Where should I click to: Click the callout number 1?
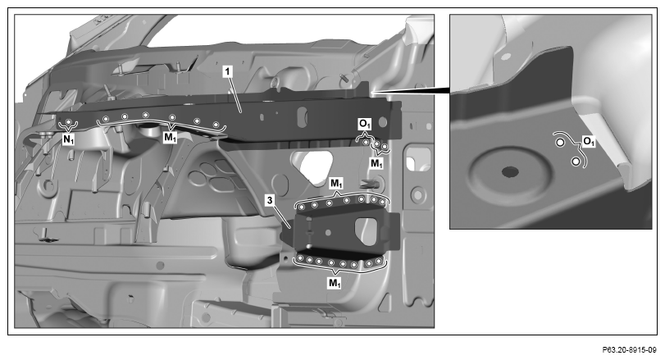[x=228, y=71]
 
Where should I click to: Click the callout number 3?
[x=270, y=200]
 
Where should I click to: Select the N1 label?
[x=68, y=139]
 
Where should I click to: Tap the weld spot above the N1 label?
[x=68, y=122]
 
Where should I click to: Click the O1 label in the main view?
[x=365, y=125]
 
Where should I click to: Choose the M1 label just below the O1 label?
[x=376, y=163]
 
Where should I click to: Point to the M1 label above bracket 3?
[x=336, y=183]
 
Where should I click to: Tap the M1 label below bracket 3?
[x=335, y=282]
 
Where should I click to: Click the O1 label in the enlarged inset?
[x=589, y=141]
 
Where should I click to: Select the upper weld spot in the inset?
[x=560, y=143]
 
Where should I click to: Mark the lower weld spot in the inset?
[x=576, y=161]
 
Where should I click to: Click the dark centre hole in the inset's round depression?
[x=510, y=171]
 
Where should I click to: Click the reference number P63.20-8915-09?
[x=629, y=350]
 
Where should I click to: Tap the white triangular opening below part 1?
[x=317, y=167]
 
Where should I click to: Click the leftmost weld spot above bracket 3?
[x=301, y=207]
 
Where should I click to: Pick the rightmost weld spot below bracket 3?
[x=379, y=261]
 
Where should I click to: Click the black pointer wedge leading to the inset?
[x=412, y=90]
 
